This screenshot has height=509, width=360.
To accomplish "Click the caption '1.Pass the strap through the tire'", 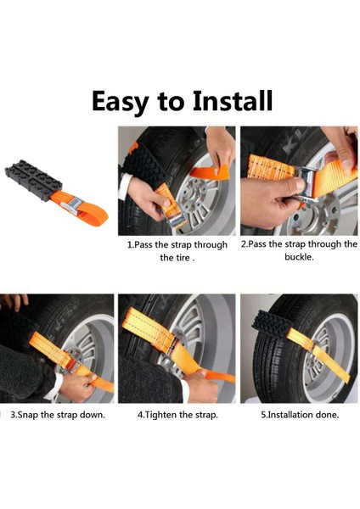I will (177, 251).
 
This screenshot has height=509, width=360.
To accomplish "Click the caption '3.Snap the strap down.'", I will (57, 415).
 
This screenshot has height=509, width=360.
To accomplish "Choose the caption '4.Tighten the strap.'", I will (177, 415).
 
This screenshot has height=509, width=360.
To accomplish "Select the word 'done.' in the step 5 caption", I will (325, 415).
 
